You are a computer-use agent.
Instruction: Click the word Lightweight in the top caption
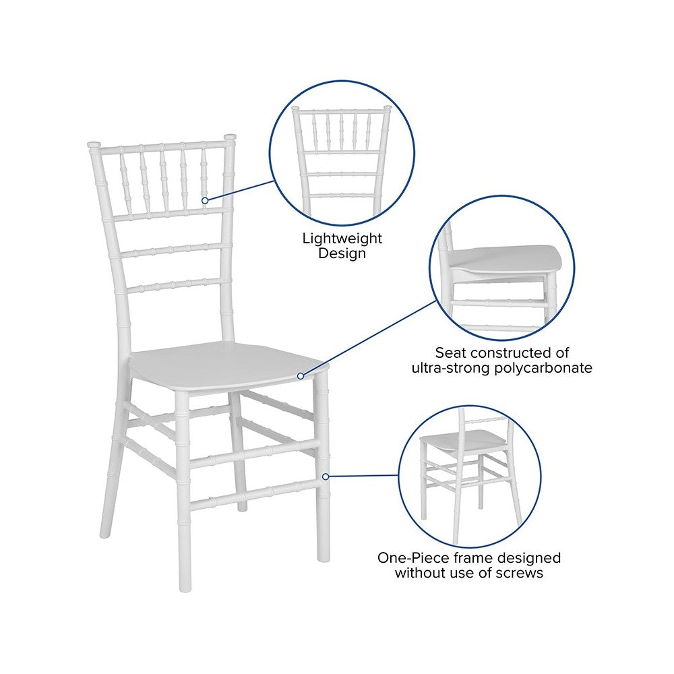point(342,239)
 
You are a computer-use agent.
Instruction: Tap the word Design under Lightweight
point(342,253)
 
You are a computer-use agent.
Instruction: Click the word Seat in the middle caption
point(451,353)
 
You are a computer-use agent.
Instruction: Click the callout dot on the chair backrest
point(205,201)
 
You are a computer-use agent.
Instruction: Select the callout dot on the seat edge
point(301,376)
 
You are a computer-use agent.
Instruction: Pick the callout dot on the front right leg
point(326,477)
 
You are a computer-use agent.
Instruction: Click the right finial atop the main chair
point(230,137)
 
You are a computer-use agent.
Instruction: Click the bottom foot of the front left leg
point(185,586)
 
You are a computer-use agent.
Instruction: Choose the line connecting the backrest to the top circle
point(240,191)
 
